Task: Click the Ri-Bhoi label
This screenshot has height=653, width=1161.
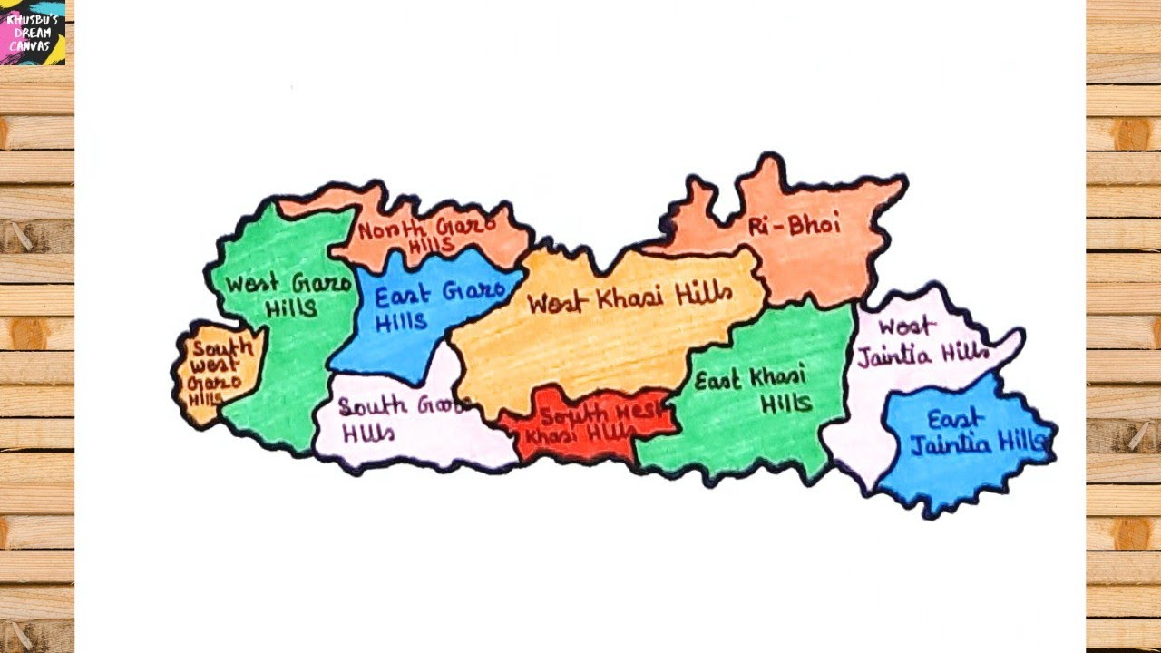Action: [x=795, y=226]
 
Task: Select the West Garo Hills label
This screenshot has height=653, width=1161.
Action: [x=288, y=295]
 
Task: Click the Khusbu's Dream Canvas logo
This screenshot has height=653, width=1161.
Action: [x=33, y=32]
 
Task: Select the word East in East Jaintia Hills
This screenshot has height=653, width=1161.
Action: [x=954, y=419]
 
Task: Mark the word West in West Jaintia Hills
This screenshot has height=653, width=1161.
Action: [x=903, y=327]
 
